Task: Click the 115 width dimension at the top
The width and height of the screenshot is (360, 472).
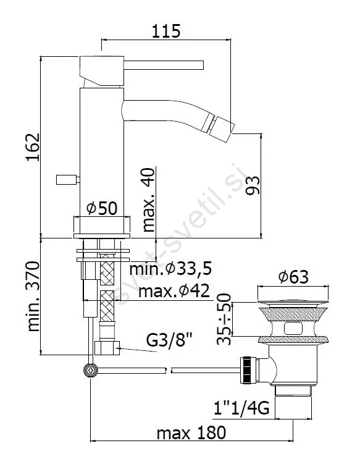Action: coord(166,32)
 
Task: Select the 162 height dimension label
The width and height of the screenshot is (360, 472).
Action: coord(33,147)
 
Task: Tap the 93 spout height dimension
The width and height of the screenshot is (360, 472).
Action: coord(253,185)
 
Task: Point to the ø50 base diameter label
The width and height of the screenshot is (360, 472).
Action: coord(102,208)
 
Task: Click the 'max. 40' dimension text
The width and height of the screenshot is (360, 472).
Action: coord(148,200)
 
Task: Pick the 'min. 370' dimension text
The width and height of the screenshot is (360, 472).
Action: coord(33,297)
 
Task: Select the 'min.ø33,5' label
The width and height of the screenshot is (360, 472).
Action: coord(170,269)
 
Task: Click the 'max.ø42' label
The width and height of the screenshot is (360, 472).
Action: coord(174,291)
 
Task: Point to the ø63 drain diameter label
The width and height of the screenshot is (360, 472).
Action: coord(293,277)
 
